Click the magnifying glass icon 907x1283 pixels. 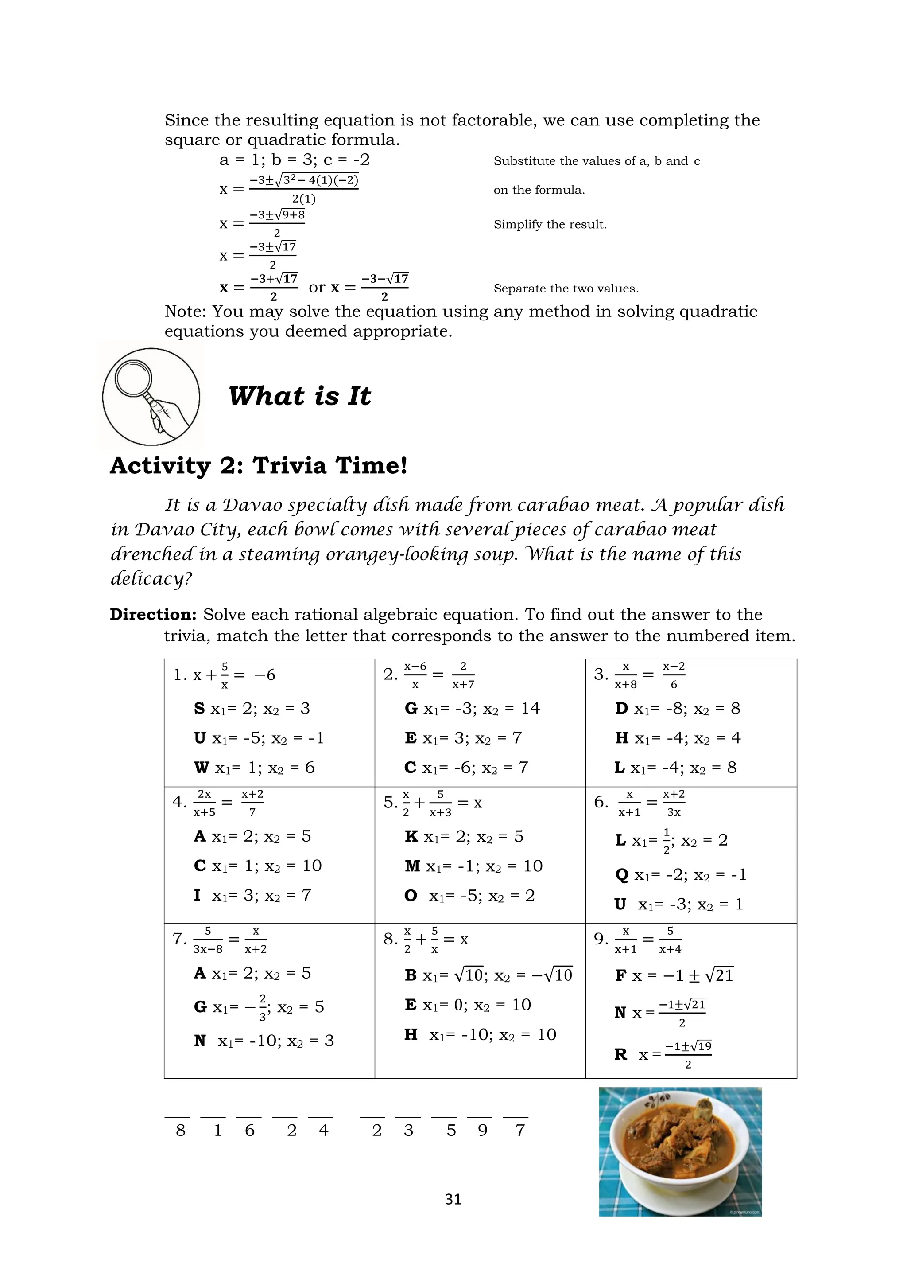[151, 397]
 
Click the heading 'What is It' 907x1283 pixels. [299, 396]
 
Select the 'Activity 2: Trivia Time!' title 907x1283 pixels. [259, 465]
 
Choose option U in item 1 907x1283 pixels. [259, 738]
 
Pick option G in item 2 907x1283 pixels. [472, 709]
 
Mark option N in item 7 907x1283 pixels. [264, 1041]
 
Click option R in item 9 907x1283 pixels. [663, 1054]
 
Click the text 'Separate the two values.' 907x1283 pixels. [566, 289]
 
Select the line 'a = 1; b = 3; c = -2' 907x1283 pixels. [295, 160]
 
